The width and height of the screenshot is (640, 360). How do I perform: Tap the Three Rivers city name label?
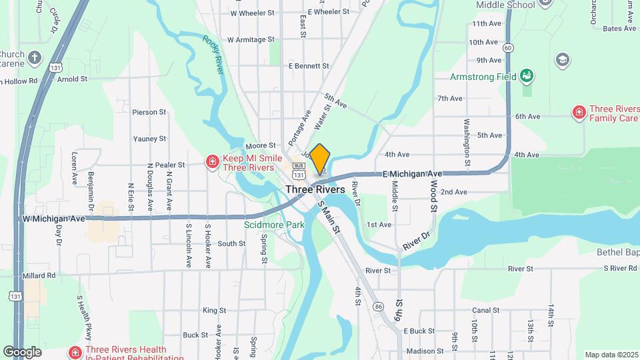[315, 189]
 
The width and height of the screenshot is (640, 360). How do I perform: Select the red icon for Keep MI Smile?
[212, 162]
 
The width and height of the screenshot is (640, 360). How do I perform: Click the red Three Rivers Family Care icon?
[579, 111]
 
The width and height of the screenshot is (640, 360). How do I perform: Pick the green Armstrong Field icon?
[527, 76]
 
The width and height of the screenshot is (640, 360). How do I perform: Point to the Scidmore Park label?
[274, 225]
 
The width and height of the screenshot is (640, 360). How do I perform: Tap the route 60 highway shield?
[508, 47]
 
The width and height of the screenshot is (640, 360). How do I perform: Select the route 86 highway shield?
[378, 306]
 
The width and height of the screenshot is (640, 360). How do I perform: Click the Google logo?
[22, 352]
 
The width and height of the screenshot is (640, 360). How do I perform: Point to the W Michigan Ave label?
[53, 219]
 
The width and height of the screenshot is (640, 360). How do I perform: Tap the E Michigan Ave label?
[413, 174]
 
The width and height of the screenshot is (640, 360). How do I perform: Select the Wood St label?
[433, 195]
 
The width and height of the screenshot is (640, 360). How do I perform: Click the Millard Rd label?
[38, 275]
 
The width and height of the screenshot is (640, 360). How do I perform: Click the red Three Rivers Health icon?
[75, 352]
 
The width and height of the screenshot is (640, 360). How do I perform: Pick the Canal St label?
[485, 310]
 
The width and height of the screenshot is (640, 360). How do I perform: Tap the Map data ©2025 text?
[611, 355]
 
